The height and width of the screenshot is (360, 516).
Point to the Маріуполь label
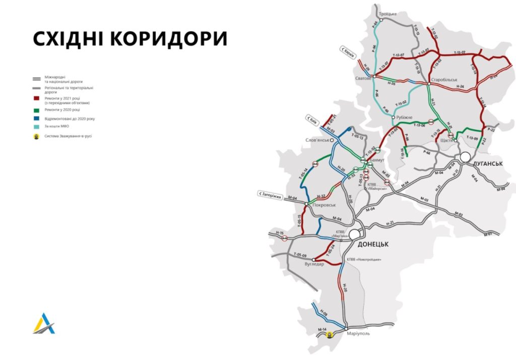point(359,333)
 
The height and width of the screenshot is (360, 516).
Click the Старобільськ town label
point(444,80)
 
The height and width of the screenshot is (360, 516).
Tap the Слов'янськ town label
point(317,140)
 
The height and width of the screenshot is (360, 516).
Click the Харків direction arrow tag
point(348,52)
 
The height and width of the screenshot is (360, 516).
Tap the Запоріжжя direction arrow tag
point(269,193)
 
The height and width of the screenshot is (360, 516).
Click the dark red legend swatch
point(36,99)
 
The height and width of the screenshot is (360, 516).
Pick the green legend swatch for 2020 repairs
point(36,109)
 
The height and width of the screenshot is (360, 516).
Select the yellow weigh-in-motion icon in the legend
point(36,136)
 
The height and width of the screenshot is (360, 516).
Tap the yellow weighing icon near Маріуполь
point(330,334)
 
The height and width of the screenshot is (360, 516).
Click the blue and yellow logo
point(43,323)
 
